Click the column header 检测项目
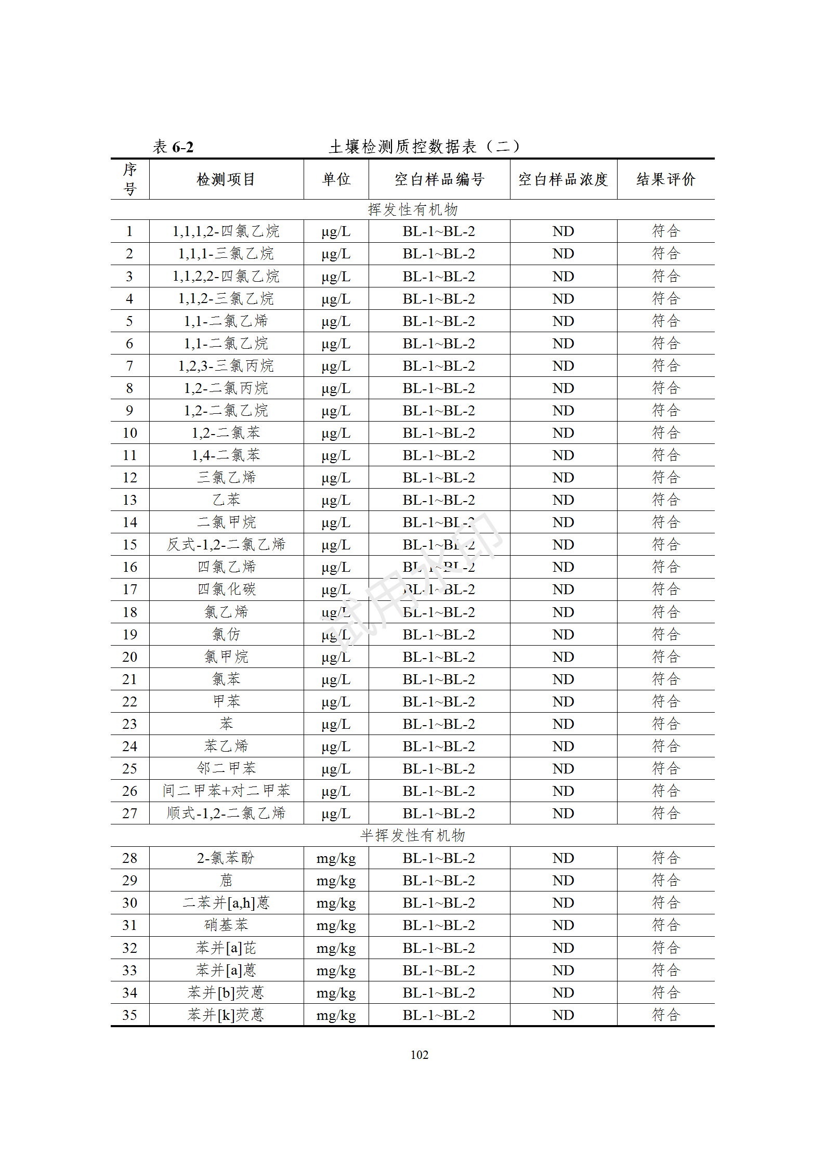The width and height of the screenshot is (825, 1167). pyautogui.click(x=226, y=179)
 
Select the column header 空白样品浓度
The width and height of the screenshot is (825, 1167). pyautogui.click(x=563, y=179)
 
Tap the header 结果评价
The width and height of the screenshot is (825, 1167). pyautogui.click(x=665, y=179)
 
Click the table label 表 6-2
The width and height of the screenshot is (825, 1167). pyautogui.click(x=173, y=147)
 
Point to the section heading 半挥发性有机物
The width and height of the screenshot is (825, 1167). pyautogui.click(x=412, y=835)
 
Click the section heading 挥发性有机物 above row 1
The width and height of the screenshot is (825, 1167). pyautogui.click(x=412, y=209)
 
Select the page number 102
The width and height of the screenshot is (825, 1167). pyautogui.click(x=419, y=1055)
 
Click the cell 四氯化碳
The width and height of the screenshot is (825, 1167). pyautogui.click(x=226, y=589)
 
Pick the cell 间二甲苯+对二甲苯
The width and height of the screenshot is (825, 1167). pyautogui.click(x=226, y=791)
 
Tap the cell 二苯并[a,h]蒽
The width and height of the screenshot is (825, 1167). pyautogui.click(x=226, y=903)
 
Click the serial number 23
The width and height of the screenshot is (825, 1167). pyautogui.click(x=129, y=724)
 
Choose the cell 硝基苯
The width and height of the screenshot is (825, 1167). pyautogui.click(x=226, y=925)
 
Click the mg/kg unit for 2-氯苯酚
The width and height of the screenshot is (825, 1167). pyautogui.click(x=336, y=858)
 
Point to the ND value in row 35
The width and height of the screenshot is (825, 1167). pyautogui.click(x=563, y=1015)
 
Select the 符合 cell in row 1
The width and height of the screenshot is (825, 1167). pyautogui.click(x=665, y=231)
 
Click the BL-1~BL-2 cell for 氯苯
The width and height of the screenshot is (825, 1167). pyautogui.click(x=439, y=679)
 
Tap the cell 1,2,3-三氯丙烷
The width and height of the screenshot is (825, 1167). pyautogui.click(x=226, y=366)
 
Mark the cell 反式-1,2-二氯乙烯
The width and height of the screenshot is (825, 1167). pyautogui.click(x=226, y=545)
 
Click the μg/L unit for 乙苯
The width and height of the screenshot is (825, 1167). pyautogui.click(x=336, y=500)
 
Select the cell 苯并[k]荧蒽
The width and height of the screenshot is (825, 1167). pyautogui.click(x=226, y=1015)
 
